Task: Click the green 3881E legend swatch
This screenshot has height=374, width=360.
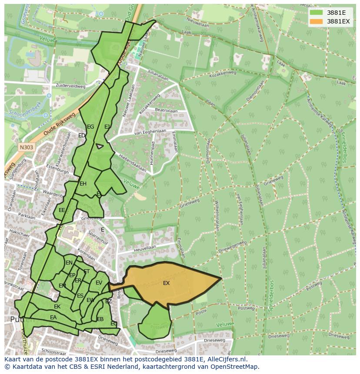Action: coord(316,12)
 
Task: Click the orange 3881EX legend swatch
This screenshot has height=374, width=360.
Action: coord(316,21)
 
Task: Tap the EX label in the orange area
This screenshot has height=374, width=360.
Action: coord(166,283)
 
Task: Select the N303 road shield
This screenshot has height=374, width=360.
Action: coord(27,147)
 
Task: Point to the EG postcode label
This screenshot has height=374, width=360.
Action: coord(90,127)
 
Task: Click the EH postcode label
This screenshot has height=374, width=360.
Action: coord(83,184)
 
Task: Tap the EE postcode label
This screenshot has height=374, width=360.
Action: coord(62,210)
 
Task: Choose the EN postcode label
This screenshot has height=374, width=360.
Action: coord(69,263)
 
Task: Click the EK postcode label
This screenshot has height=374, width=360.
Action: coord(57,307)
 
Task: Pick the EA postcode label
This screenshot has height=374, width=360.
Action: coord(53,318)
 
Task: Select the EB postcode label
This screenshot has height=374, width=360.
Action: coord(100,319)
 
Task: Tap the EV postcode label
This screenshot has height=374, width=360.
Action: coord(99,283)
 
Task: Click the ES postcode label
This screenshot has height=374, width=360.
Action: coord(80,296)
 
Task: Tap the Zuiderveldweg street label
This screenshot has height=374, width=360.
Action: coord(71,86)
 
